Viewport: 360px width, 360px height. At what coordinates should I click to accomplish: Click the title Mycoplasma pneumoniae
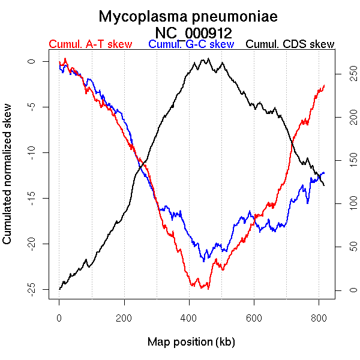pyautogui.click(x=188, y=17)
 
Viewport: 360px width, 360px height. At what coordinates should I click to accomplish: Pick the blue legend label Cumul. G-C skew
pyautogui.click(x=191, y=44)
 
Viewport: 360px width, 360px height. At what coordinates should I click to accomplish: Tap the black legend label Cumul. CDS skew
pyautogui.click(x=290, y=44)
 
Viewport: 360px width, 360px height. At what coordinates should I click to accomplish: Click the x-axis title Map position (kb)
pyautogui.click(x=191, y=342)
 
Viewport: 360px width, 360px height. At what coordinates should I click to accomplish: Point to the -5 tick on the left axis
pyautogui.click(x=31, y=107)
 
